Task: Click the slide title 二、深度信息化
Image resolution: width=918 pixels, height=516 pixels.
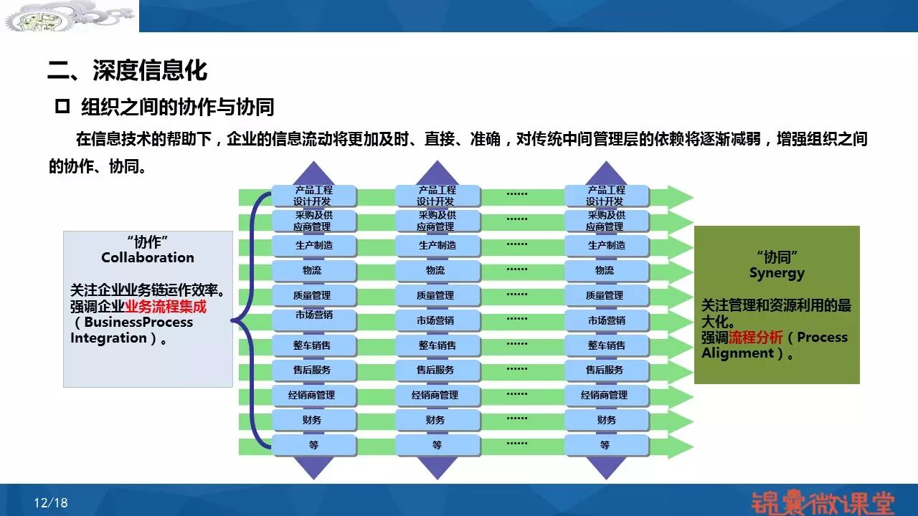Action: point(128,71)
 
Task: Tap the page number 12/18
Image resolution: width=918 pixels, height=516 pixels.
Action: point(50,503)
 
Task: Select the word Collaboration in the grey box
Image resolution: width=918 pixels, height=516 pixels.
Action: point(148,257)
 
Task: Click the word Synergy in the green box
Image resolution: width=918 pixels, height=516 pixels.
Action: point(777,273)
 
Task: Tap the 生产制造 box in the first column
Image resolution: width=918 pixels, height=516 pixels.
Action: point(314,246)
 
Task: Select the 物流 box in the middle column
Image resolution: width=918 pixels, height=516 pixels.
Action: point(437,271)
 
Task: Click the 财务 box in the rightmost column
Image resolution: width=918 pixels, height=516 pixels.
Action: point(607,421)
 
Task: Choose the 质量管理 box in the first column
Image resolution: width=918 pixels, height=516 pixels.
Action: point(314,295)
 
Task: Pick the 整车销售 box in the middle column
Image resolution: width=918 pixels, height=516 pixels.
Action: point(437,345)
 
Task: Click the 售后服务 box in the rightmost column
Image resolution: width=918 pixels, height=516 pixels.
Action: point(607,371)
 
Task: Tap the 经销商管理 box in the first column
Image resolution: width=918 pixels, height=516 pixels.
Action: point(314,396)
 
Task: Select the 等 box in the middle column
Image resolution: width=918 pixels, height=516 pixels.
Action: point(437,446)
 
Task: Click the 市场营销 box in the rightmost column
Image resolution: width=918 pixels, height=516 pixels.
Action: point(607,320)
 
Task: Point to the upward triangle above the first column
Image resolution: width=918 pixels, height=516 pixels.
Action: point(313,173)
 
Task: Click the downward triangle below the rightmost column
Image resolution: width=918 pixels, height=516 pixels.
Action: point(606,467)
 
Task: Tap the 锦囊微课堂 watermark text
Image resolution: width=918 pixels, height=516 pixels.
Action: point(823,502)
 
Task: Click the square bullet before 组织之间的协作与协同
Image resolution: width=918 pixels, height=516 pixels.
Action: point(62,107)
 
